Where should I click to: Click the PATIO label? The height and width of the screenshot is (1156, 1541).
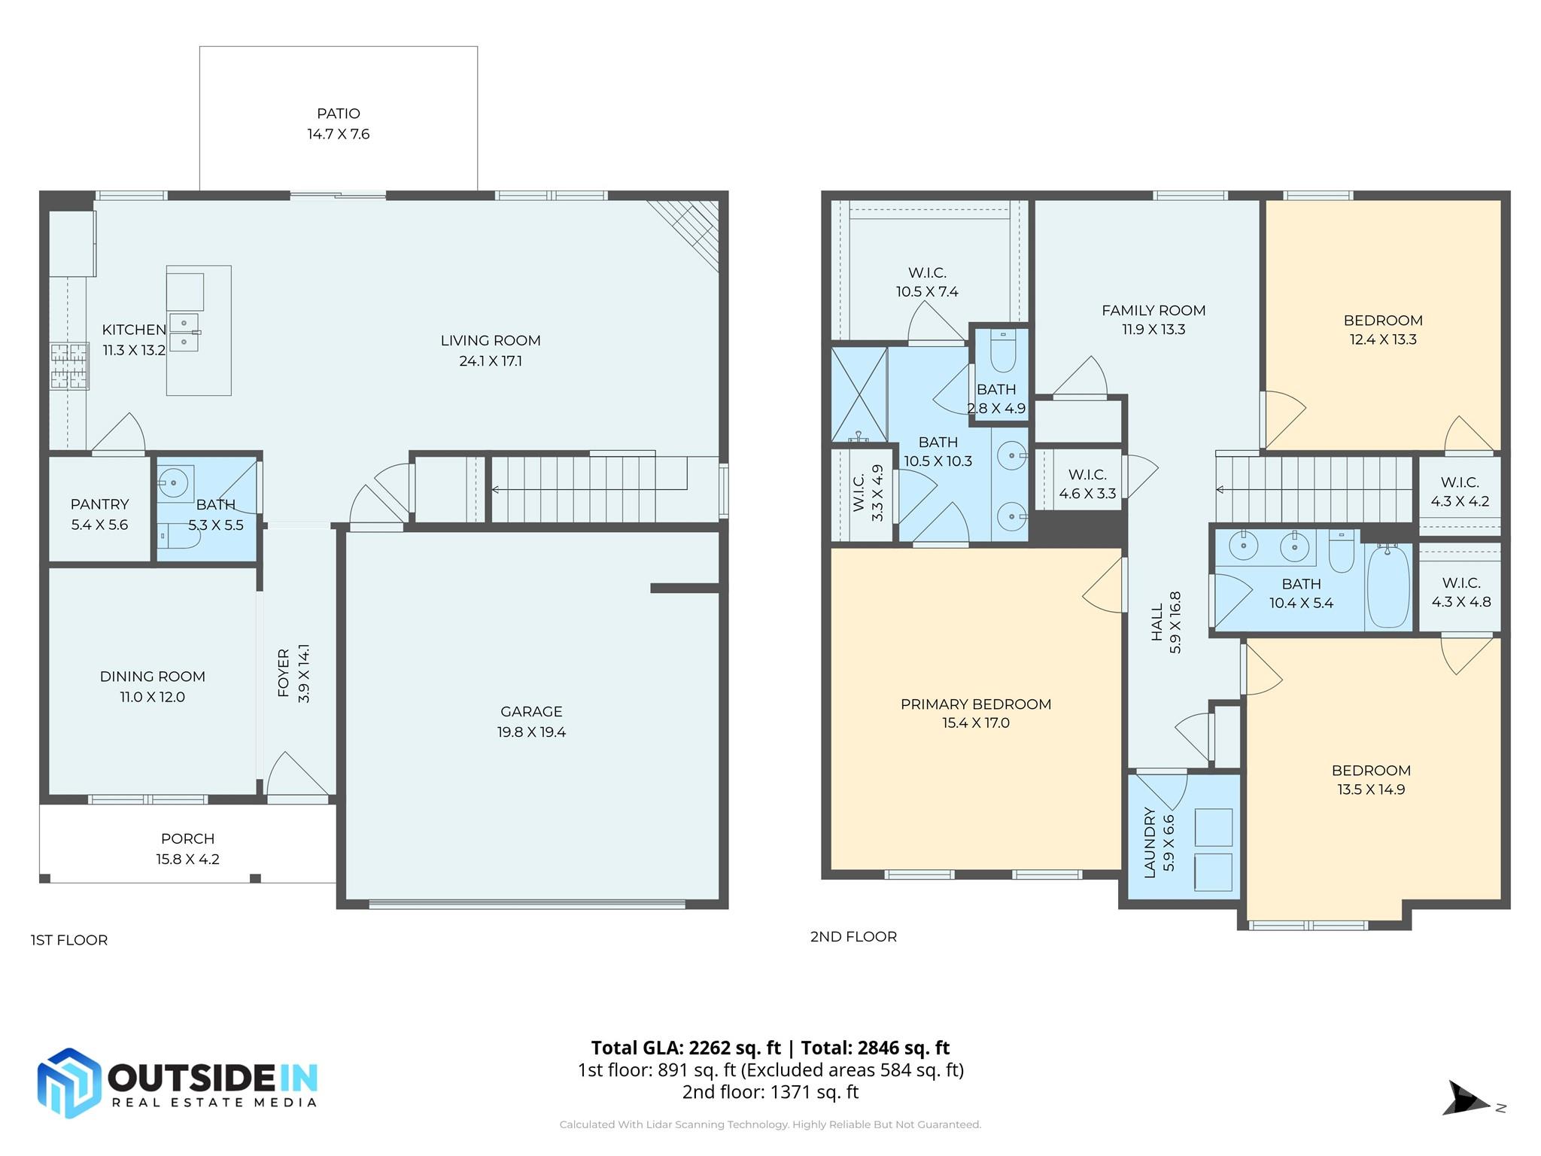click(338, 114)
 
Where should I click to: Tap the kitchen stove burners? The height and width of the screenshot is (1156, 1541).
click(69, 366)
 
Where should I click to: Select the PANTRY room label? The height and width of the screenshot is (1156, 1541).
click(99, 504)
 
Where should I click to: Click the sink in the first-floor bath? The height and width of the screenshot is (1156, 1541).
click(175, 482)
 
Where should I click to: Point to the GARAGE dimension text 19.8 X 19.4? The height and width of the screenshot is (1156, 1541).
click(531, 732)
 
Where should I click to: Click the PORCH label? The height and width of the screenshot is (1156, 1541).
click(187, 838)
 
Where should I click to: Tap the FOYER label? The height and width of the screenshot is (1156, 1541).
click(284, 673)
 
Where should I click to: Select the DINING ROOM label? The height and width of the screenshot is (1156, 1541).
click(152, 677)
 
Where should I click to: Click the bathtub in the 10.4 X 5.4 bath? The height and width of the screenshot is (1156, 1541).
click(1388, 587)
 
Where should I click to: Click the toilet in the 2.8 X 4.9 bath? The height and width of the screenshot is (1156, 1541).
click(1002, 351)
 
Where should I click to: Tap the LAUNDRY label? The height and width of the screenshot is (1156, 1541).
click(1149, 842)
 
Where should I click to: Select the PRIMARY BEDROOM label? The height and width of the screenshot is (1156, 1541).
click(975, 704)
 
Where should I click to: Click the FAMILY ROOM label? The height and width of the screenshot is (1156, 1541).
click(1153, 310)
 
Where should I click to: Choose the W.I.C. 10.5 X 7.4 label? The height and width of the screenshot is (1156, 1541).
click(926, 272)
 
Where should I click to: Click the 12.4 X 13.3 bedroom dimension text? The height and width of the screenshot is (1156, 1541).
click(1382, 339)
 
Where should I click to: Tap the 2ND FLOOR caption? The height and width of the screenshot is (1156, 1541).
click(853, 937)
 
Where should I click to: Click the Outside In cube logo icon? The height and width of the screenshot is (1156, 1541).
click(68, 1082)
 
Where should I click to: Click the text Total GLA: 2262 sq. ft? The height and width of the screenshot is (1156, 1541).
click(685, 1048)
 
